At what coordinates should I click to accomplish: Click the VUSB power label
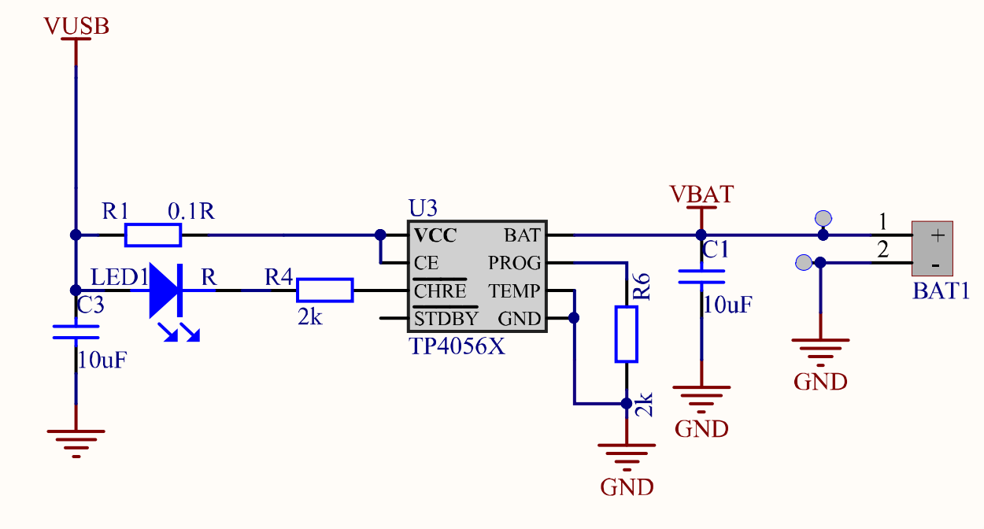(76, 26)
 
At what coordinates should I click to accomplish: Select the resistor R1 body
(153, 235)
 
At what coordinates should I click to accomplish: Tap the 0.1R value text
(191, 211)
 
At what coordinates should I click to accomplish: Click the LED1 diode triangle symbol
(166, 290)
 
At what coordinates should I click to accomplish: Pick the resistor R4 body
(324, 290)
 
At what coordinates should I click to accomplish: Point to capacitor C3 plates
(76, 331)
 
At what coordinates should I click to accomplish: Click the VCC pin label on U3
(435, 235)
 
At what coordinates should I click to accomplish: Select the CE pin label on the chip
(426, 262)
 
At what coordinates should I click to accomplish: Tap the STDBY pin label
(446, 319)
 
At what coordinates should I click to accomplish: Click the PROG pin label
(515, 262)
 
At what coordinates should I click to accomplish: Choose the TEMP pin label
(515, 291)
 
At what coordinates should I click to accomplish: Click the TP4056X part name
(457, 346)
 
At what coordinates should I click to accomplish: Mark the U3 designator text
(423, 209)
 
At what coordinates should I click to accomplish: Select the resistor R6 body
(626, 335)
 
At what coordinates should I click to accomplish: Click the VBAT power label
(701, 194)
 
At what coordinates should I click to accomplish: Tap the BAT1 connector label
(941, 290)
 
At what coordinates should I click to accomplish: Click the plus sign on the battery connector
(937, 235)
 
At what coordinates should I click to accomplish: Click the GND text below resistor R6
(627, 486)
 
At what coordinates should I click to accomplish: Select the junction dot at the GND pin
(574, 318)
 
